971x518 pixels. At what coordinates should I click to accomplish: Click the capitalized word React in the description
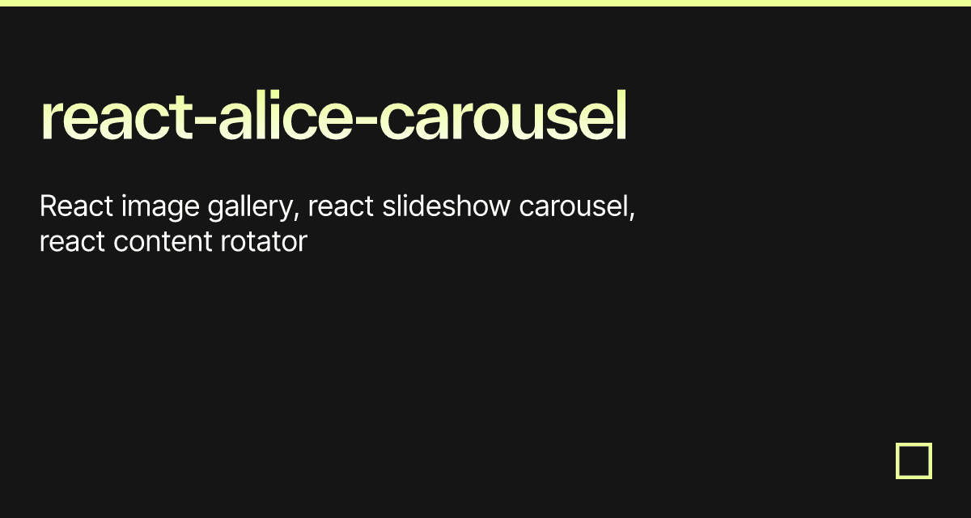tap(76, 206)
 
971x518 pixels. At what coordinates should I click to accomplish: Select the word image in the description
tap(160, 208)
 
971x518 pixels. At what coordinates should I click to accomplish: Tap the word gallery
tap(253, 208)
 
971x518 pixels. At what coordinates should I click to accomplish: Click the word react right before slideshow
tap(341, 207)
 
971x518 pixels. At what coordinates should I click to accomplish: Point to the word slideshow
tap(447, 206)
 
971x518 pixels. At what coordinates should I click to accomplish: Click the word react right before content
tap(72, 242)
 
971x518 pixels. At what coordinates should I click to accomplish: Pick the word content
tap(163, 242)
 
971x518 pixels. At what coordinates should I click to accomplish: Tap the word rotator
tap(264, 242)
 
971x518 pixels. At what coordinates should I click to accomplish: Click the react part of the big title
tap(117, 116)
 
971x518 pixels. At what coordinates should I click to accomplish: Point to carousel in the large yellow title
tap(503, 114)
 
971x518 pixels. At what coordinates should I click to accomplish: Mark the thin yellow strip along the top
tap(485, 3)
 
